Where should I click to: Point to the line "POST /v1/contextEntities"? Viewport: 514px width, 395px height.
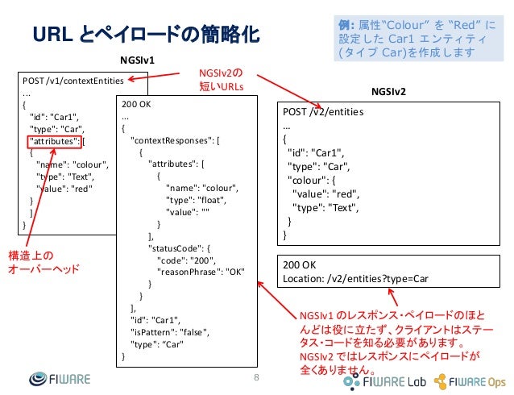click(x=73, y=81)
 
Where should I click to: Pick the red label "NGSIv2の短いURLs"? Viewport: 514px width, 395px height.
click(x=221, y=81)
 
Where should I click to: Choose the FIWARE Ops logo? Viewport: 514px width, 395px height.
click(x=470, y=380)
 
